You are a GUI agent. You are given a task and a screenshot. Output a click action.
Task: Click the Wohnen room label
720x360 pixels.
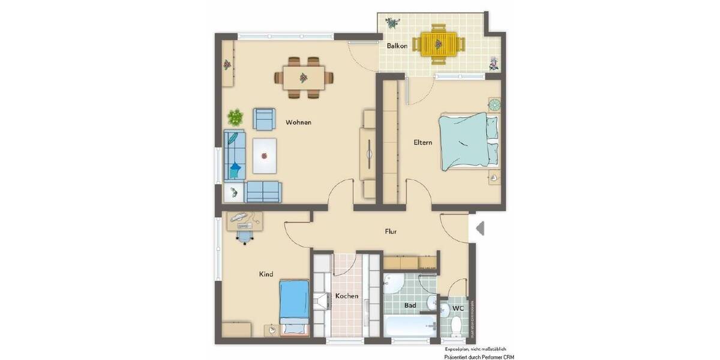pyautogui.click(x=298, y=122)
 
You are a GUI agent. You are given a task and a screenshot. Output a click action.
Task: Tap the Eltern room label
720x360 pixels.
pyautogui.click(x=422, y=143)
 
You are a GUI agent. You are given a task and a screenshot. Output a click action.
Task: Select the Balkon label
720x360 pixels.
pyautogui.click(x=397, y=46)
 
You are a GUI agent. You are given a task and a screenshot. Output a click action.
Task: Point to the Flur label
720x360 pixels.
pyautogui.click(x=391, y=231)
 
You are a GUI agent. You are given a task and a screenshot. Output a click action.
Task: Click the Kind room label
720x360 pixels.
pyautogui.click(x=266, y=274)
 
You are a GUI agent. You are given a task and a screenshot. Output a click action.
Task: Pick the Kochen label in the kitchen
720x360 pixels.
pyautogui.click(x=347, y=296)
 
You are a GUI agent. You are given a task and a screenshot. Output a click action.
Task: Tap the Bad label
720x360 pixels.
pyautogui.click(x=410, y=305)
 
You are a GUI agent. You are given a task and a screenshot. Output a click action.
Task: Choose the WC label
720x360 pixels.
pyautogui.click(x=458, y=308)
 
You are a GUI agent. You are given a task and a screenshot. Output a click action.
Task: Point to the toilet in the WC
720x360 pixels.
pyautogui.click(x=456, y=326)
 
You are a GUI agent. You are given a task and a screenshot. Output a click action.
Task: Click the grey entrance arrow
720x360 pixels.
pyautogui.click(x=479, y=229)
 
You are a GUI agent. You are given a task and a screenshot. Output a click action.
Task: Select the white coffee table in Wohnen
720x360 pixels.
pyautogui.click(x=265, y=155)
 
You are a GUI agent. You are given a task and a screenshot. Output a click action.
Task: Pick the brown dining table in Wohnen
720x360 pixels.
pyautogui.click(x=304, y=77)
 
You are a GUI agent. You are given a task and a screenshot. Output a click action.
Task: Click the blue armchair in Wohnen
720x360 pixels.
pyautogui.click(x=265, y=119)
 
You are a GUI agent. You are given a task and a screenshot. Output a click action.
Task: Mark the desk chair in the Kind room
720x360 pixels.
pyautogui.click(x=245, y=236)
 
